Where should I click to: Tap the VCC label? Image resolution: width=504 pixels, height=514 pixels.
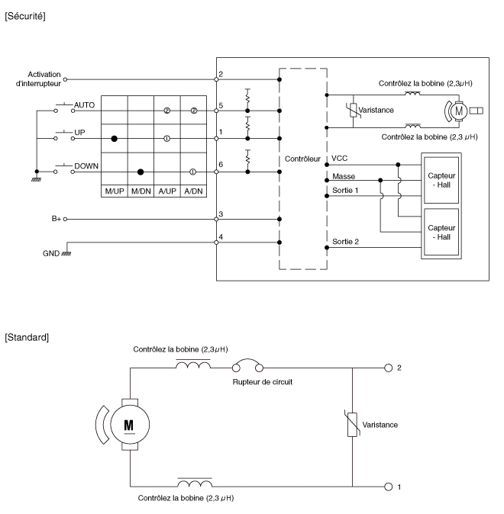341,159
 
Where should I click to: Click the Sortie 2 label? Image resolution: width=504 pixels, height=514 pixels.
345,243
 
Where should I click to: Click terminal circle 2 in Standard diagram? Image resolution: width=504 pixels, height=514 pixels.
389,368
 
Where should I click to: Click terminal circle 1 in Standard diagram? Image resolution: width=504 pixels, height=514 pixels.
389,485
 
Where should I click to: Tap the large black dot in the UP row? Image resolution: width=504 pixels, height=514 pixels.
115,139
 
